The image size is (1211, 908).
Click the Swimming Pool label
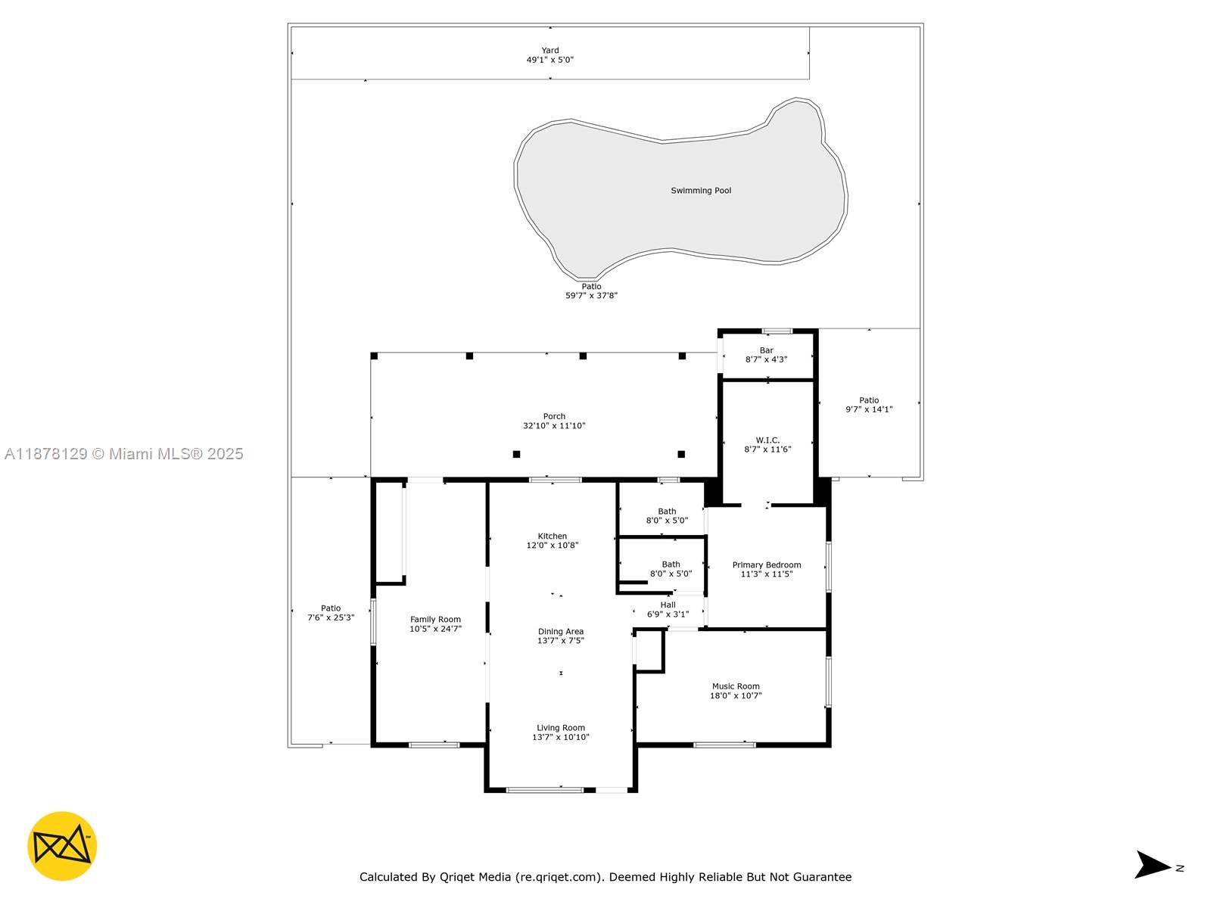click(701, 191)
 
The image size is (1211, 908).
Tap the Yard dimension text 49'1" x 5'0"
click(550, 60)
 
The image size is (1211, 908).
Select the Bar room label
click(767, 350)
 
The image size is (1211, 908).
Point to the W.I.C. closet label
click(767, 440)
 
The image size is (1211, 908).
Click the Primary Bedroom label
click(766, 564)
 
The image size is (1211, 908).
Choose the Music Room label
click(735, 686)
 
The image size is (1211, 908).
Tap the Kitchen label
click(552, 536)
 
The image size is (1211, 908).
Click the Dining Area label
click(560, 631)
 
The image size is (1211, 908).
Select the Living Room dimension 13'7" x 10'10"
click(560, 737)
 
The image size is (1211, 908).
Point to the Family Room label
click(435, 619)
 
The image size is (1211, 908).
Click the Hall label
click(668, 605)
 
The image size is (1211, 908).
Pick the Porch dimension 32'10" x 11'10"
click(554, 426)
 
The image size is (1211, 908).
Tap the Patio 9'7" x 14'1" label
click(869, 405)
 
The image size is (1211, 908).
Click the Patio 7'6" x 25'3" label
click(331, 612)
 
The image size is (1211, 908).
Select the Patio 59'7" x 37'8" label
click(591, 291)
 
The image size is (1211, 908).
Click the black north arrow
click(1152, 864)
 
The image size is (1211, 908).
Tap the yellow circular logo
click(62, 846)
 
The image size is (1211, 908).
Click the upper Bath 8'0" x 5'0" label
click(667, 515)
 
